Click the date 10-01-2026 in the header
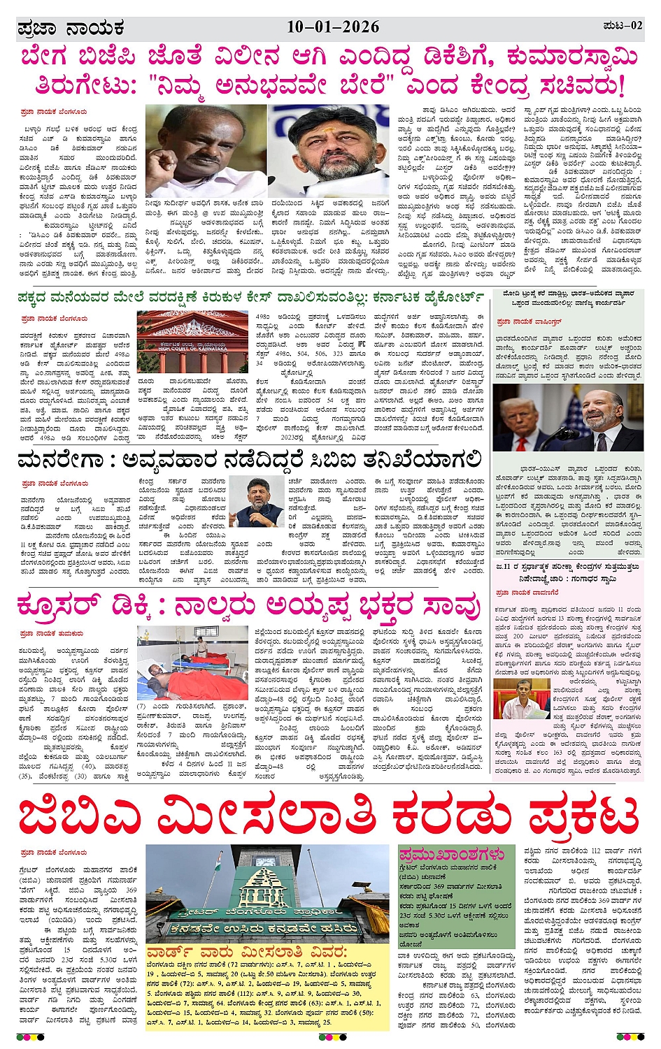[333, 27]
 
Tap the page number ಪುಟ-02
[622, 26]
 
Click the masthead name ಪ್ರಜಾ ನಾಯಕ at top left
[71, 29]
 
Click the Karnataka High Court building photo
[192, 341]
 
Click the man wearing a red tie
[530, 419]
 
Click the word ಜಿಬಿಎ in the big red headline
[84, 816]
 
